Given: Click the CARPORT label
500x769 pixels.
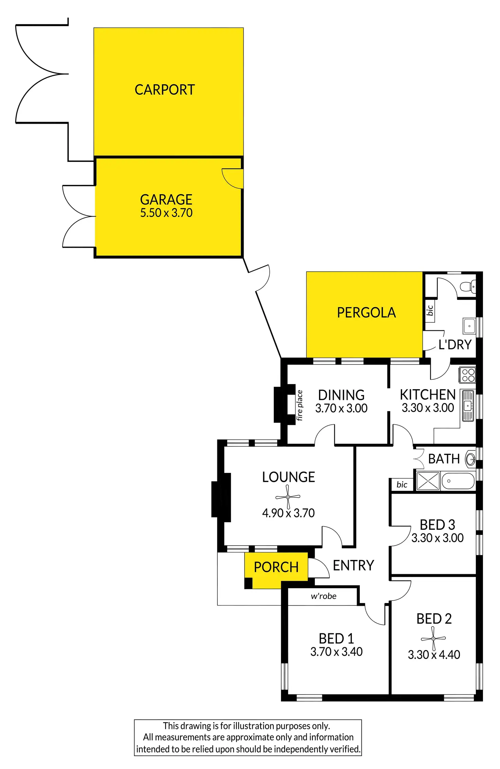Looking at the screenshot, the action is pyautogui.click(x=165, y=90).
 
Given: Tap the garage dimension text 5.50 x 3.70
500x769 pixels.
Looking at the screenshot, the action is pyautogui.click(x=166, y=213).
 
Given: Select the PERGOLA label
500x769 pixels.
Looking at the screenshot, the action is pyautogui.click(x=366, y=312).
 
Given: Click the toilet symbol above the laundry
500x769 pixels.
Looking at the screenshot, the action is pyautogui.click(x=469, y=286).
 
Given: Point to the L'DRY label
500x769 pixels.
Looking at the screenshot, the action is pyautogui.click(x=455, y=345).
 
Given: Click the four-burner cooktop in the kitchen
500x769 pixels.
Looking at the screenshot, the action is pyautogui.click(x=468, y=375).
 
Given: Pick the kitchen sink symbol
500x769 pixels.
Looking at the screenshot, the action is pyautogui.click(x=468, y=406).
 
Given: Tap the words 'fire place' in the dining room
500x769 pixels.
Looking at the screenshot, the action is pyautogui.click(x=299, y=405).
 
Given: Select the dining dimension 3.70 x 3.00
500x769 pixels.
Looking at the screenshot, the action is pyautogui.click(x=341, y=408).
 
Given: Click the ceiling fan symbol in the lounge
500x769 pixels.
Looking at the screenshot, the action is pyautogui.click(x=288, y=497).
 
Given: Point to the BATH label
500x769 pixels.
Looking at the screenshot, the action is pyautogui.click(x=444, y=459).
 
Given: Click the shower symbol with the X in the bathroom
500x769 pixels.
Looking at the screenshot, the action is pyautogui.click(x=428, y=481).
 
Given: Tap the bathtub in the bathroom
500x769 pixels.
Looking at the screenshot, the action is pyautogui.click(x=458, y=481).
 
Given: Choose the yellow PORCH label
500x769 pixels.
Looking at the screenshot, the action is pyautogui.click(x=276, y=567).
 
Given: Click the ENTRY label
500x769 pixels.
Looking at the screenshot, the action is pyautogui.click(x=353, y=565).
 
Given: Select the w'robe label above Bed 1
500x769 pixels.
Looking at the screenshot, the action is pyautogui.click(x=323, y=596).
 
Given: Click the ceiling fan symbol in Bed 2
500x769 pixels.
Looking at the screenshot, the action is pyautogui.click(x=433, y=638).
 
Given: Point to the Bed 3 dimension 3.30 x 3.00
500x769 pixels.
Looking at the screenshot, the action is pyautogui.click(x=437, y=538).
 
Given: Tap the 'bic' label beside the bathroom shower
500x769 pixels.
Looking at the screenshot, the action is pyautogui.click(x=402, y=484).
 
